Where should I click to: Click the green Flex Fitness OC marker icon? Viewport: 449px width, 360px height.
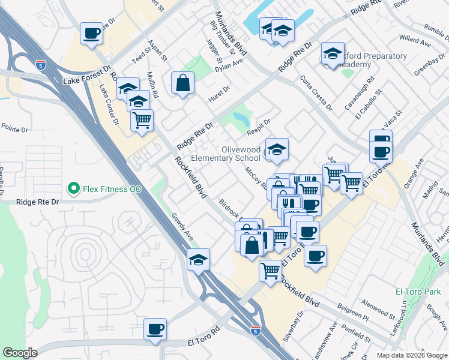coord(74,189)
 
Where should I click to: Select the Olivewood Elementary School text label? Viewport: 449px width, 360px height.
coord(226,154)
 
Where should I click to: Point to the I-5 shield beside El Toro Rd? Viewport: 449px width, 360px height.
coord(256,331)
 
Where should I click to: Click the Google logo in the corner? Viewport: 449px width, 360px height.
coord(20,353)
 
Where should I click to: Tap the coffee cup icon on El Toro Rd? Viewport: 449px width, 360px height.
coord(155,329)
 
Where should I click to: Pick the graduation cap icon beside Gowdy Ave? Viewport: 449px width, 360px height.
coord(198,260)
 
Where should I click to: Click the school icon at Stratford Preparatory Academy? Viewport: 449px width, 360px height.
coord(332,55)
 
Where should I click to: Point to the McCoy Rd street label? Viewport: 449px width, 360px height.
coord(256,178)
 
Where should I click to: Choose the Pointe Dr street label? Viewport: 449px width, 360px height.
coord(15,129)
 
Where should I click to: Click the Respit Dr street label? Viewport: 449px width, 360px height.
coord(259,127)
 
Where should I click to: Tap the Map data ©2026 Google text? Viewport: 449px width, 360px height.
coord(411,355)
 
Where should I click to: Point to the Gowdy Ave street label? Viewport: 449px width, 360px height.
coord(181,227)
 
